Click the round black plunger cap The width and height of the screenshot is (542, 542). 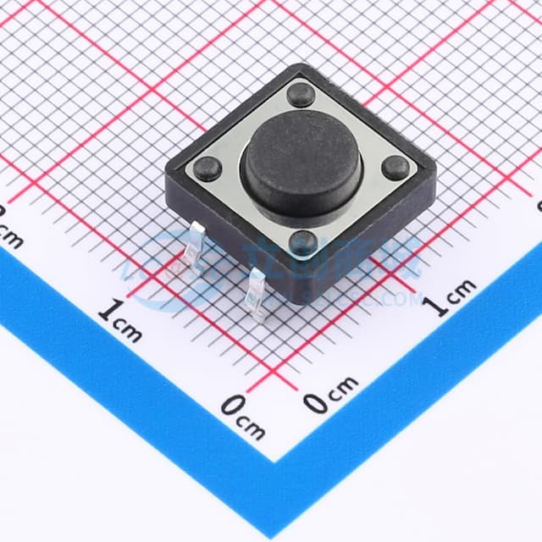click(301, 166)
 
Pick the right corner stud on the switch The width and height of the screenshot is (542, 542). click(395, 168)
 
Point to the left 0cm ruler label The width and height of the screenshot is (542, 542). click(243, 417)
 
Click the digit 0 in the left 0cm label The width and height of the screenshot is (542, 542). click(231, 407)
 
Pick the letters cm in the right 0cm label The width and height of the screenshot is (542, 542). click(344, 389)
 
